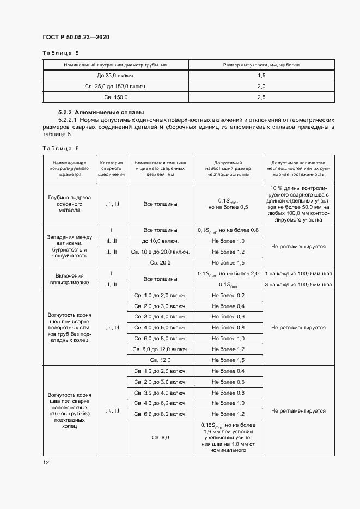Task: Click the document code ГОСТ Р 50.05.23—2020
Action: [x=76, y=38]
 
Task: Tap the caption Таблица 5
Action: [x=60, y=53]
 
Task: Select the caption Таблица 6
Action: [x=60, y=148]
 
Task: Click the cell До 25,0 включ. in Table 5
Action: [x=115, y=75]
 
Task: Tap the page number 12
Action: [x=46, y=462]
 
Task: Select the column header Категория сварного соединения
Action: [x=111, y=169]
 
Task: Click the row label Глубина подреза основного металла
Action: [x=69, y=204]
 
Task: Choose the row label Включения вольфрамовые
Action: [x=69, y=279]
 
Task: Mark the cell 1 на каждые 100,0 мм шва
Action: [x=298, y=273]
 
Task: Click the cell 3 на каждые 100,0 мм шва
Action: [x=298, y=284]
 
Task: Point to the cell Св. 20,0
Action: [x=160, y=262]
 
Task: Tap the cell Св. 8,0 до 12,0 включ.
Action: [x=160, y=349]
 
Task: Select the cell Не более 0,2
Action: [x=228, y=295]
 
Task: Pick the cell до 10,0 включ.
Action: [x=160, y=241]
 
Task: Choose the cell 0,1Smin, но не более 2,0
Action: [x=228, y=273]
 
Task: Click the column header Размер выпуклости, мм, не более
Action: [x=261, y=65]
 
